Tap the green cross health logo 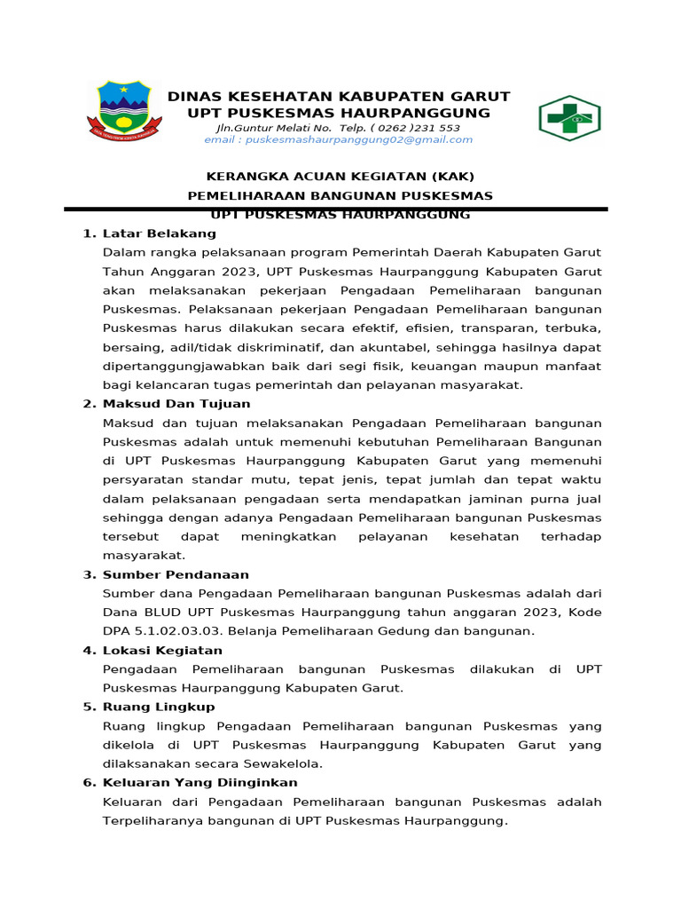point(569,118)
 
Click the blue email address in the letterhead point(338,139)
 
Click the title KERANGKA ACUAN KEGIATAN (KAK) point(340,176)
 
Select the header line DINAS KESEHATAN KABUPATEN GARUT point(340,96)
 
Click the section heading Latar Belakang point(160,233)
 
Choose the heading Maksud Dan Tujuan point(176,404)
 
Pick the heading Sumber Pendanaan point(176,574)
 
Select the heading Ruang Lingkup point(159,707)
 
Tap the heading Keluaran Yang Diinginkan point(200,782)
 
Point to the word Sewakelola point(285,763)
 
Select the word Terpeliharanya point(153,821)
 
